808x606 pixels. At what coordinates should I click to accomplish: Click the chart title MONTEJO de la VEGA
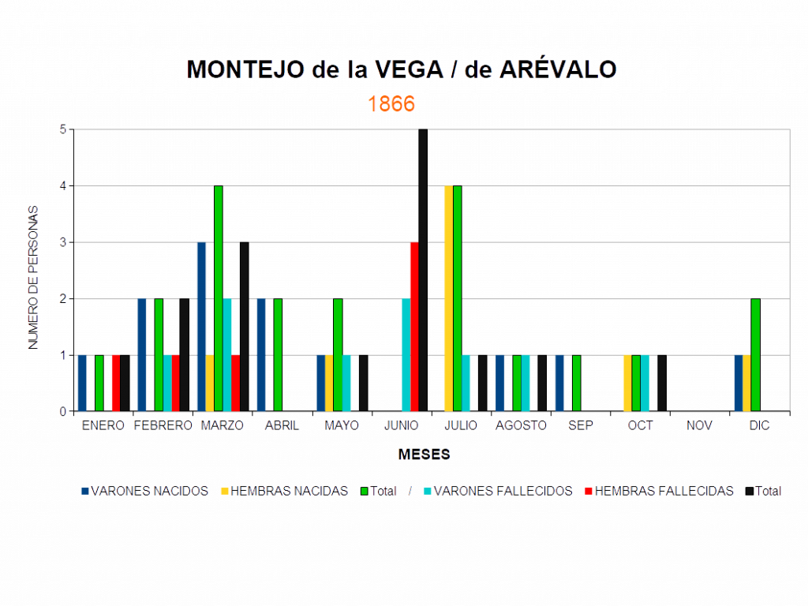(402, 69)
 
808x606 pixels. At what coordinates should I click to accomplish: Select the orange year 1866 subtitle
(391, 104)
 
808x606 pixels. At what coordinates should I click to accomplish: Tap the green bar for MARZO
(219, 298)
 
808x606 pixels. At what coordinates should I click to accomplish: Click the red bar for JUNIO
(413, 327)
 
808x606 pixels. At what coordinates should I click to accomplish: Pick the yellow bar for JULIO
(448, 298)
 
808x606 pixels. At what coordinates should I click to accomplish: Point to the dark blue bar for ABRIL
(261, 355)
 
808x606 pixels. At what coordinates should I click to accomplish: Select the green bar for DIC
(755, 355)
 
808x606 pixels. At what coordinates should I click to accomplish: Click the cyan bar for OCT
(645, 383)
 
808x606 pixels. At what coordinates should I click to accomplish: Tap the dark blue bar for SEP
(559, 383)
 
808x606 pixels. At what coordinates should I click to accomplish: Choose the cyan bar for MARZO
(227, 355)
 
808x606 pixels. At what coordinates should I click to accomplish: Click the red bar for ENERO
(115, 383)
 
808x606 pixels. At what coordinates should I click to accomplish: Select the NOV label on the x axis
(699, 425)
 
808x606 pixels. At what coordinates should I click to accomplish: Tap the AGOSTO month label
(521, 425)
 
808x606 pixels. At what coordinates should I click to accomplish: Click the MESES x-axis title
(425, 454)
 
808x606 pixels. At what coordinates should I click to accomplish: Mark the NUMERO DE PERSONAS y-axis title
(32, 276)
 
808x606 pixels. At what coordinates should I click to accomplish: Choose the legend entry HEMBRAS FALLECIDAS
(663, 491)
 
